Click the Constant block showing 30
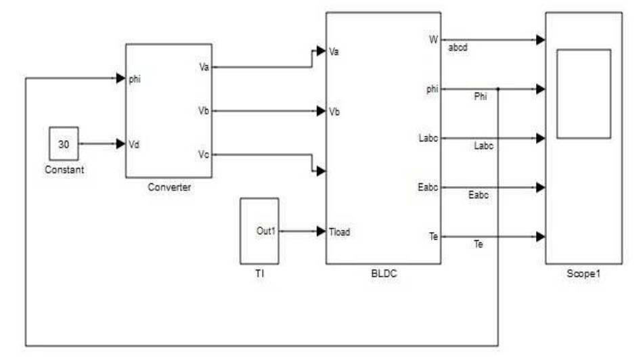tap(63, 144)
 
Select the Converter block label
tap(169, 187)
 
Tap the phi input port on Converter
tap(135, 79)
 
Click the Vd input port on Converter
tap(134, 144)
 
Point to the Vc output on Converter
tap(204, 155)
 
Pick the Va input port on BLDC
tap(334, 51)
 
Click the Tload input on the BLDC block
tap(340, 231)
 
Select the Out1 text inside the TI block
tap(266, 231)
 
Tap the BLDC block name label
tap(383, 273)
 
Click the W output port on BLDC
tap(433, 39)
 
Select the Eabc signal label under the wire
tap(479, 195)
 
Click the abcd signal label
tap(458, 49)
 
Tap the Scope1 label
tap(583, 275)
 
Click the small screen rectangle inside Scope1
tap(583, 93)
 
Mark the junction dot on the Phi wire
tap(498, 89)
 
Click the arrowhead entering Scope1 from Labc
tap(540, 138)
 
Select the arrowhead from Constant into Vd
tap(121, 144)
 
